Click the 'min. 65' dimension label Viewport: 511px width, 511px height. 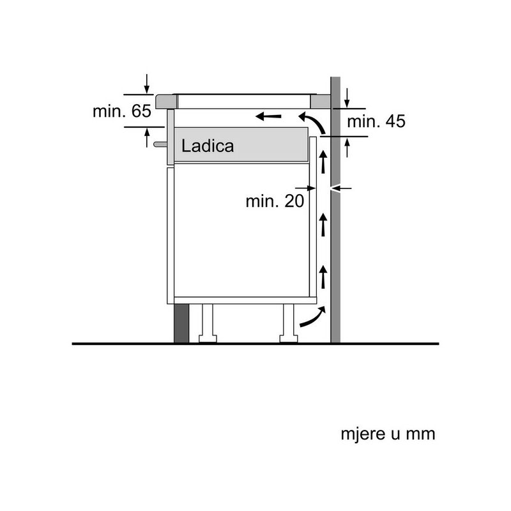coord(122,111)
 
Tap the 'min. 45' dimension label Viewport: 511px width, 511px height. coord(376,121)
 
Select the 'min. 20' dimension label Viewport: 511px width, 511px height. coord(275,201)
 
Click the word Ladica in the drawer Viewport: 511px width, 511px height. coord(208,146)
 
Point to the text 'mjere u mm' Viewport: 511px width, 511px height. coord(388,434)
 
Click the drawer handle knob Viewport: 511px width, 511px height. coord(160,144)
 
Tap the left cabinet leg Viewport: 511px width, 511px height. coord(208,323)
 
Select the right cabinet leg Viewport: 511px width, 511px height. coord(289,323)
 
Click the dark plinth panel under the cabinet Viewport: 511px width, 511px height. coord(181,323)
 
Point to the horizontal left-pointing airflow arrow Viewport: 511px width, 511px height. coord(268,116)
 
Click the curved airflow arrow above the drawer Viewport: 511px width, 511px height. coord(312,123)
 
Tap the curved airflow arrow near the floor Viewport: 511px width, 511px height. coord(313,316)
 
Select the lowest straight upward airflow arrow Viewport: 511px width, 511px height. coord(323,277)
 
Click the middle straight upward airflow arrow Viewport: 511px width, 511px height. coord(323,225)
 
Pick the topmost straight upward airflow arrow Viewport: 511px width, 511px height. coord(323,162)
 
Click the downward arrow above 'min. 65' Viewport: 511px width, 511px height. coord(147,84)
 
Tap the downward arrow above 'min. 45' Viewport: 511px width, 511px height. coord(347,98)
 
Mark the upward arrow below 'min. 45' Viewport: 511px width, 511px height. coord(347,148)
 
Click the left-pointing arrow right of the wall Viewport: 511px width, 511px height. coord(341,188)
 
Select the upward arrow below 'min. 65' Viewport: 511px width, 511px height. coord(147,137)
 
